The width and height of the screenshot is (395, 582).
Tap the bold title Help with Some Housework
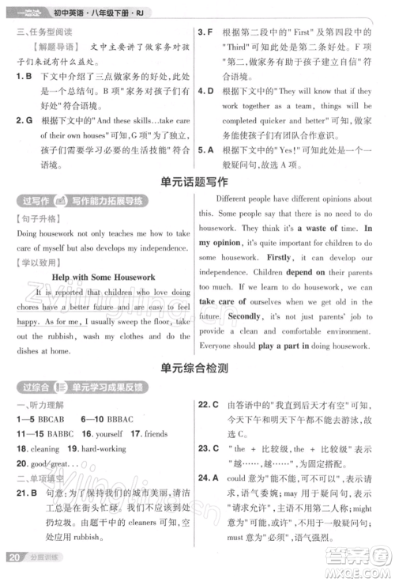point(103,276)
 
